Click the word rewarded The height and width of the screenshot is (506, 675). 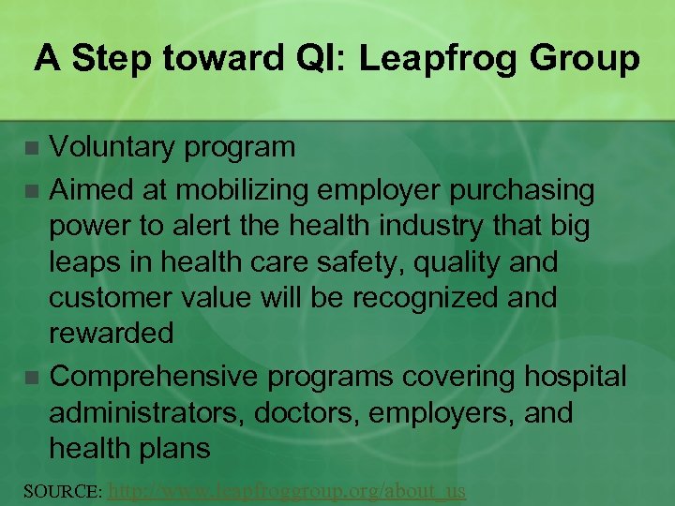pyautogui.click(x=111, y=334)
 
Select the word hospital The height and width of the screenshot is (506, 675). pyautogui.click(x=574, y=377)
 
